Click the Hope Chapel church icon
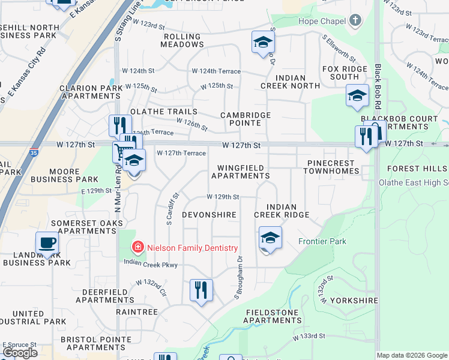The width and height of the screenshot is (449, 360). [x=355, y=21]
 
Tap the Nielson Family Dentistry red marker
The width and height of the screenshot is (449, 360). [x=138, y=247]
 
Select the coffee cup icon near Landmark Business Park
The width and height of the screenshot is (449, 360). [x=47, y=243]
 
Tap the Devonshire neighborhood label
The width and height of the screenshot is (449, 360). [x=209, y=214]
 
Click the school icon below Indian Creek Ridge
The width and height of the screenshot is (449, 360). [x=270, y=238]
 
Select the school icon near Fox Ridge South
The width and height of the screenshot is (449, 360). [x=357, y=95]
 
